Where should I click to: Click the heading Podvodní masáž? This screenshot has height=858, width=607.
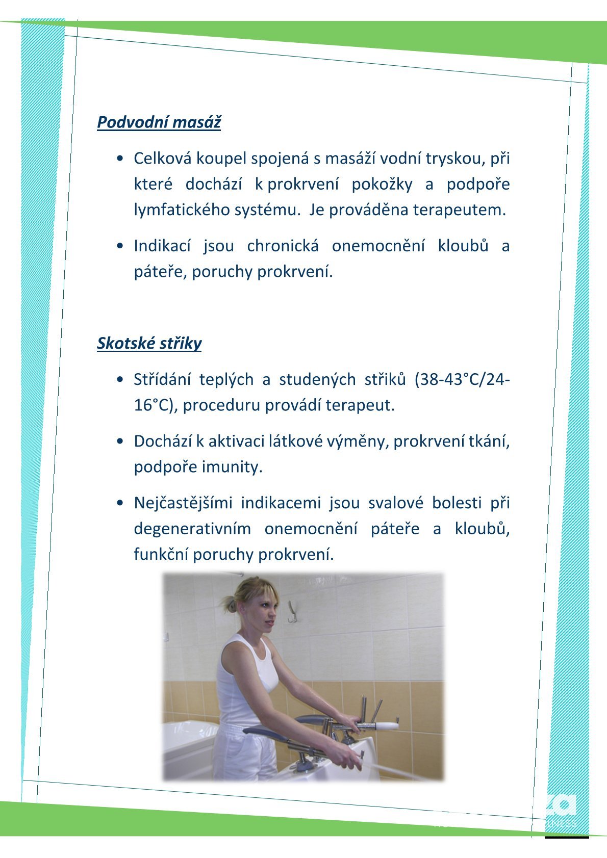point(159,122)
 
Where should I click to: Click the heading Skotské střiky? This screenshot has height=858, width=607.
point(149,343)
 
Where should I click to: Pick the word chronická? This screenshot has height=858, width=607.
point(283,246)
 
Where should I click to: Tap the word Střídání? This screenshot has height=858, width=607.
point(162,379)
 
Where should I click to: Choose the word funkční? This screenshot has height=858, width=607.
point(161,554)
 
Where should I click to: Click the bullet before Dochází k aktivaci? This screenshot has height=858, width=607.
point(119,441)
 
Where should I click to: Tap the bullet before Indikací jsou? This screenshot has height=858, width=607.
point(119,246)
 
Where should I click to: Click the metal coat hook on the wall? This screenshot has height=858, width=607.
point(292,612)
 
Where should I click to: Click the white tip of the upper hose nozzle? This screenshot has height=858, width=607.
point(386,724)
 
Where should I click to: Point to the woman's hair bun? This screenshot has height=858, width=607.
point(231,605)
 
